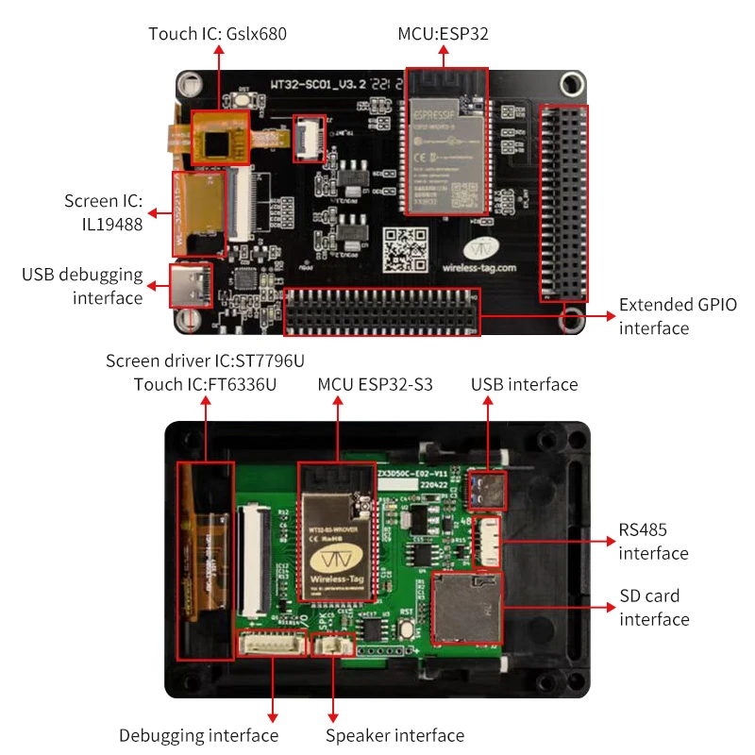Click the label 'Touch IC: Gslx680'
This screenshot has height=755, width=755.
point(217,34)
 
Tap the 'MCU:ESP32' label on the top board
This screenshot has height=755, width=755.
point(444,34)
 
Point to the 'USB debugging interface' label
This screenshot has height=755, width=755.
point(82,286)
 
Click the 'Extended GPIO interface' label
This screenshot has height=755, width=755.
point(677,316)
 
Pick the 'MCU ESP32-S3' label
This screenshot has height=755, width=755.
point(374,384)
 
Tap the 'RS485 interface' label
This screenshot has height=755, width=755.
point(653,541)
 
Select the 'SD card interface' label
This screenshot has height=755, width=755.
point(654,608)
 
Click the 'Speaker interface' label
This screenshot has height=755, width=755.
point(394,735)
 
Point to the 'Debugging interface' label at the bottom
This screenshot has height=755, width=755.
point(198,735)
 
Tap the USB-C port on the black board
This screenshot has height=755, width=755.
point(191,285)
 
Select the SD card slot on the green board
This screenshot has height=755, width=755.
point(466,608)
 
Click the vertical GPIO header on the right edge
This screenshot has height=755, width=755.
point(562,203)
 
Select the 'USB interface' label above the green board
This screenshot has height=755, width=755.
point(524,384)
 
